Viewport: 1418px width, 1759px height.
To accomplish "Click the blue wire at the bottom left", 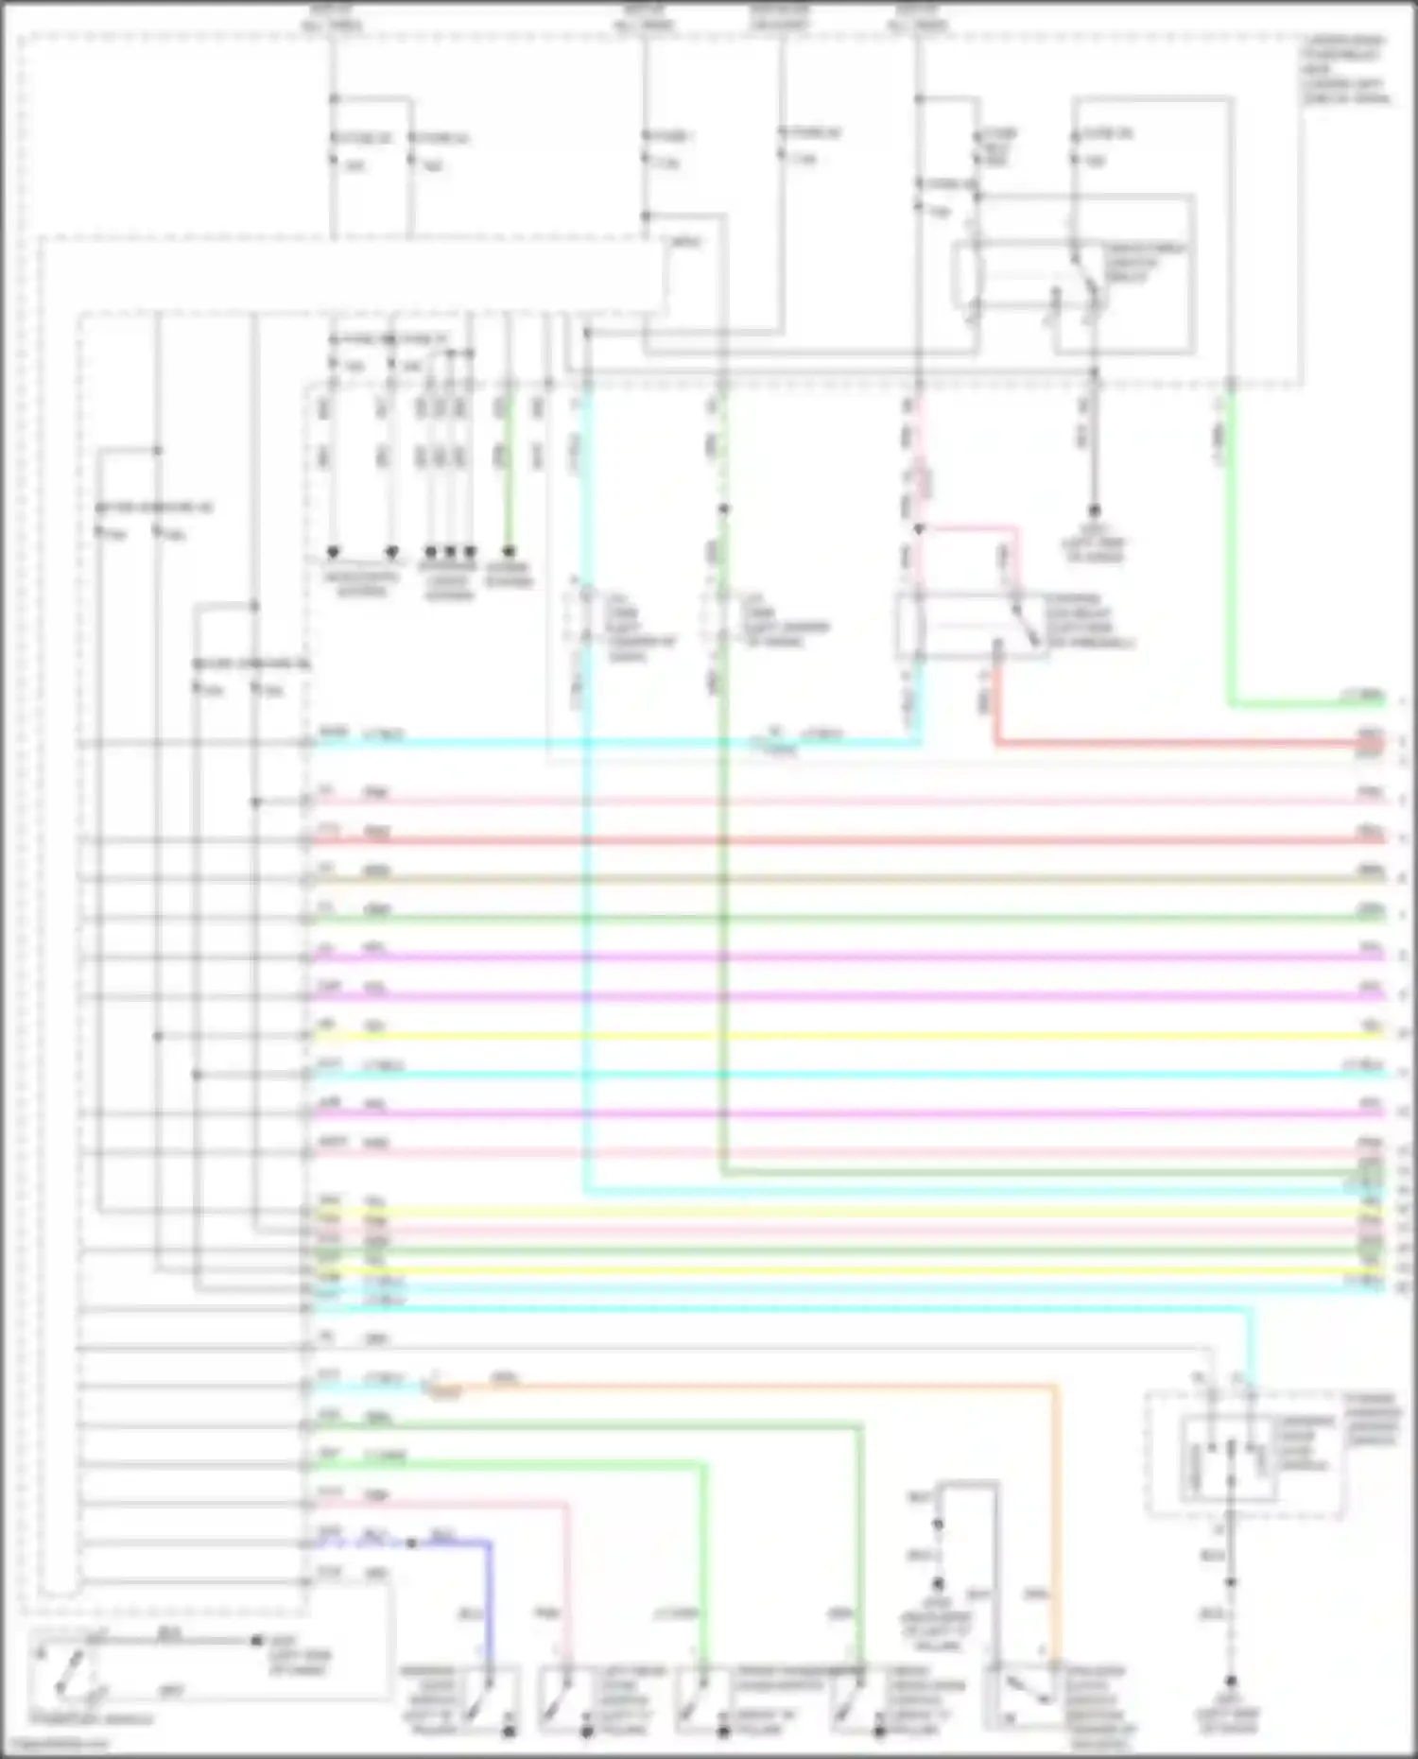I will point(490,1588).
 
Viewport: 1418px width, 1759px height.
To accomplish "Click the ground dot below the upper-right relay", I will point(1094,510).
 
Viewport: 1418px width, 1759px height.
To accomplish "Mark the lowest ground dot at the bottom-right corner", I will point(1230,1681).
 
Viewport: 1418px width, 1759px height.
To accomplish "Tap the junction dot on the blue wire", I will point(412,1543).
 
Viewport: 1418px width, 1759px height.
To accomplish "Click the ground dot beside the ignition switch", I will point(256,1641).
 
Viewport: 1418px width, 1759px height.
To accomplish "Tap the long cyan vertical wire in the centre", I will point(586,851).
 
